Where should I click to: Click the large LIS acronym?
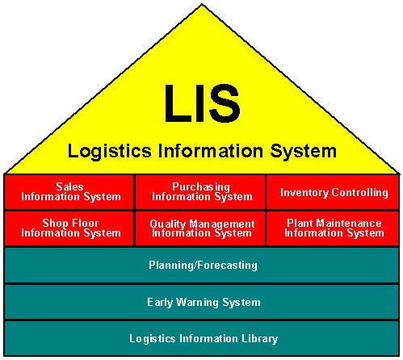coord(202,103)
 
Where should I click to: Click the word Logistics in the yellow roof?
coord(109,152)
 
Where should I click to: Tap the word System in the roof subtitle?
coord(304,152)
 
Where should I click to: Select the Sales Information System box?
coord(69,192)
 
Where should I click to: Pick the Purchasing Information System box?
coord(200,192)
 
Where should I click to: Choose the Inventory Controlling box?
coord(333,192)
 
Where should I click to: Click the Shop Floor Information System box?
coord(69,228)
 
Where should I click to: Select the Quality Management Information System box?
coord(200,228)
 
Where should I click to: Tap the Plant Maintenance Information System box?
coord(333,228)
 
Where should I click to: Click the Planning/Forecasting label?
coord(203,266)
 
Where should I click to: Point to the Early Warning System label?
coord(204,302)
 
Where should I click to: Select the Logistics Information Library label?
coord(204,338)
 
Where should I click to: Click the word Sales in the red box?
coord(69,186)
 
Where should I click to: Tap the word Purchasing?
coord(201,187)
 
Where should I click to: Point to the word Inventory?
coord(304,193)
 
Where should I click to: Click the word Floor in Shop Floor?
coord(85,223)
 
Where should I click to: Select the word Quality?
coord(168,224)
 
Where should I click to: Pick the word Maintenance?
coord(349,223)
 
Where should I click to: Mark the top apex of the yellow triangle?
coord(202,4)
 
